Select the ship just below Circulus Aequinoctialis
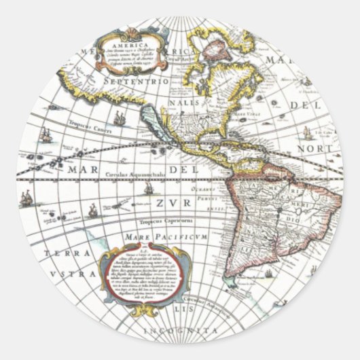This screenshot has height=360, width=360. pos(148,187)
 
